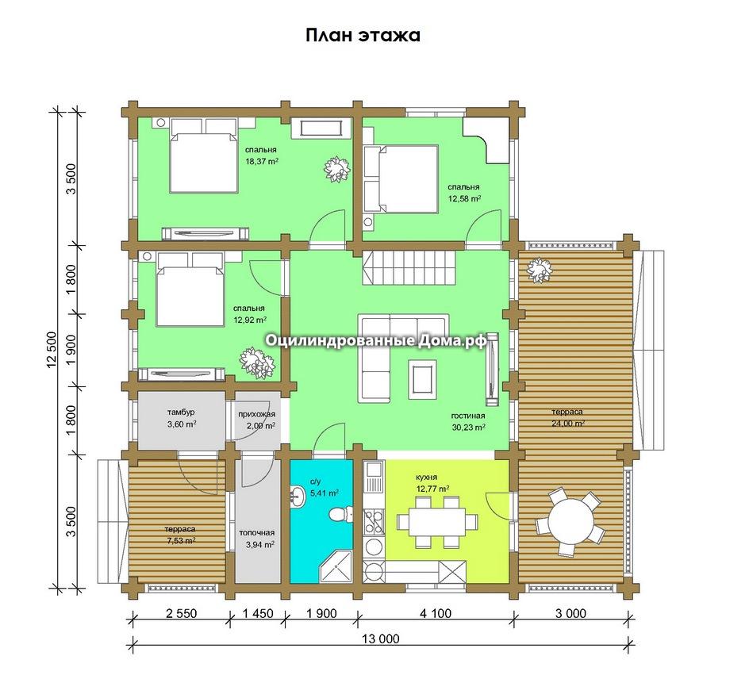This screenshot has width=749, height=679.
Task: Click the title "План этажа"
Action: click(363, 36)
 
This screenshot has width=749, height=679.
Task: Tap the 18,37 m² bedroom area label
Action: click(262, 161)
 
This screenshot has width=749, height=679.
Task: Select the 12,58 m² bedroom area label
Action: click(464, 198)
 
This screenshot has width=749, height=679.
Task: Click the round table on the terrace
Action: click(570, 520)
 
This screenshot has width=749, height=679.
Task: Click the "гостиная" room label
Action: click(468, 416)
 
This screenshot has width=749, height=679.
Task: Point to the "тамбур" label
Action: click(181, 412)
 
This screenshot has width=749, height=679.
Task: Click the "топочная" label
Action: click(257, 533)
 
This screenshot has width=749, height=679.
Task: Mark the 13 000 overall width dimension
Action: click(381, 639)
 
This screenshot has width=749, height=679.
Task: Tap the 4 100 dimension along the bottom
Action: click(435, 613)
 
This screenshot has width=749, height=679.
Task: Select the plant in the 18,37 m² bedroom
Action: click(337, 169)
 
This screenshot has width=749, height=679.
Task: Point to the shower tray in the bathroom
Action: click(336, 567)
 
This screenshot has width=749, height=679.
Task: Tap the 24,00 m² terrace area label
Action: click(567, 424)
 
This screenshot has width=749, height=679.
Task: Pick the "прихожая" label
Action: click(256, 414)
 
